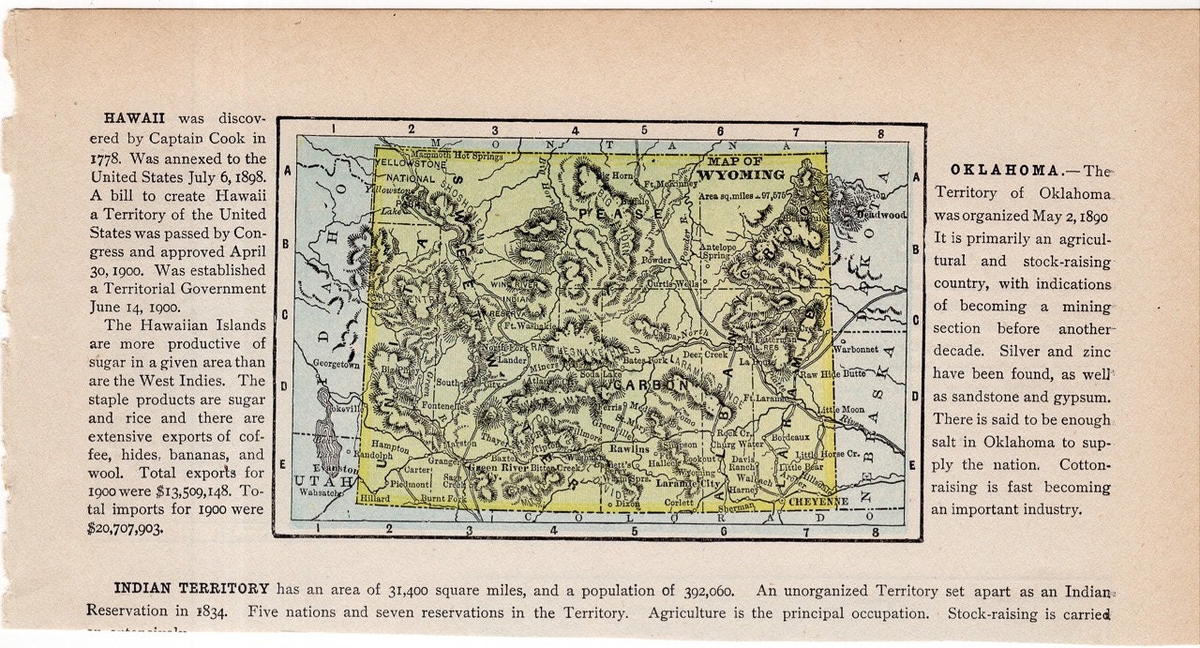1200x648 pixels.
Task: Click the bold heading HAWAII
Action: coord(134,118)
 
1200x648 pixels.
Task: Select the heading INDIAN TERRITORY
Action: coord(191,589)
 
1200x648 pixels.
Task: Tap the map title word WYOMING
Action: coord(742,174)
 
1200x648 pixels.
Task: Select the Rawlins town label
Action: coord(628,449)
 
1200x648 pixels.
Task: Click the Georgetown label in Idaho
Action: coord(336,365)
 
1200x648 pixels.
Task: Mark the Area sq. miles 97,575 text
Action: coord(741,195)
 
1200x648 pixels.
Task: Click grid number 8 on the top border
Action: coord(880,134)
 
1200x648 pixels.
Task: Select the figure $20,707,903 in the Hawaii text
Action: coord(125,528)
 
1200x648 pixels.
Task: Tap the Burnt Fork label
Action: coord(443,500)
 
